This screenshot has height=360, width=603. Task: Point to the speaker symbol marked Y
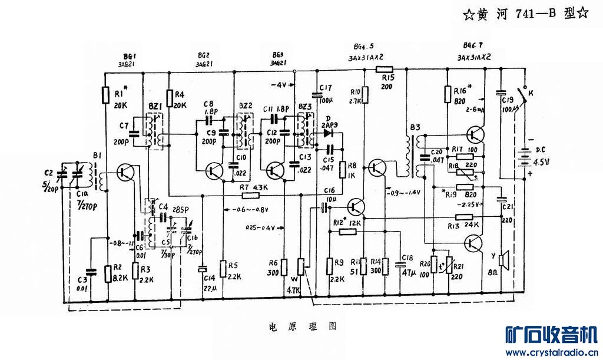502,259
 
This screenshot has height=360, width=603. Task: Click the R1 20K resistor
105,94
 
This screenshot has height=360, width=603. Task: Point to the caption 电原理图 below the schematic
302,325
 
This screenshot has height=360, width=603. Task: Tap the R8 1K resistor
343,169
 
